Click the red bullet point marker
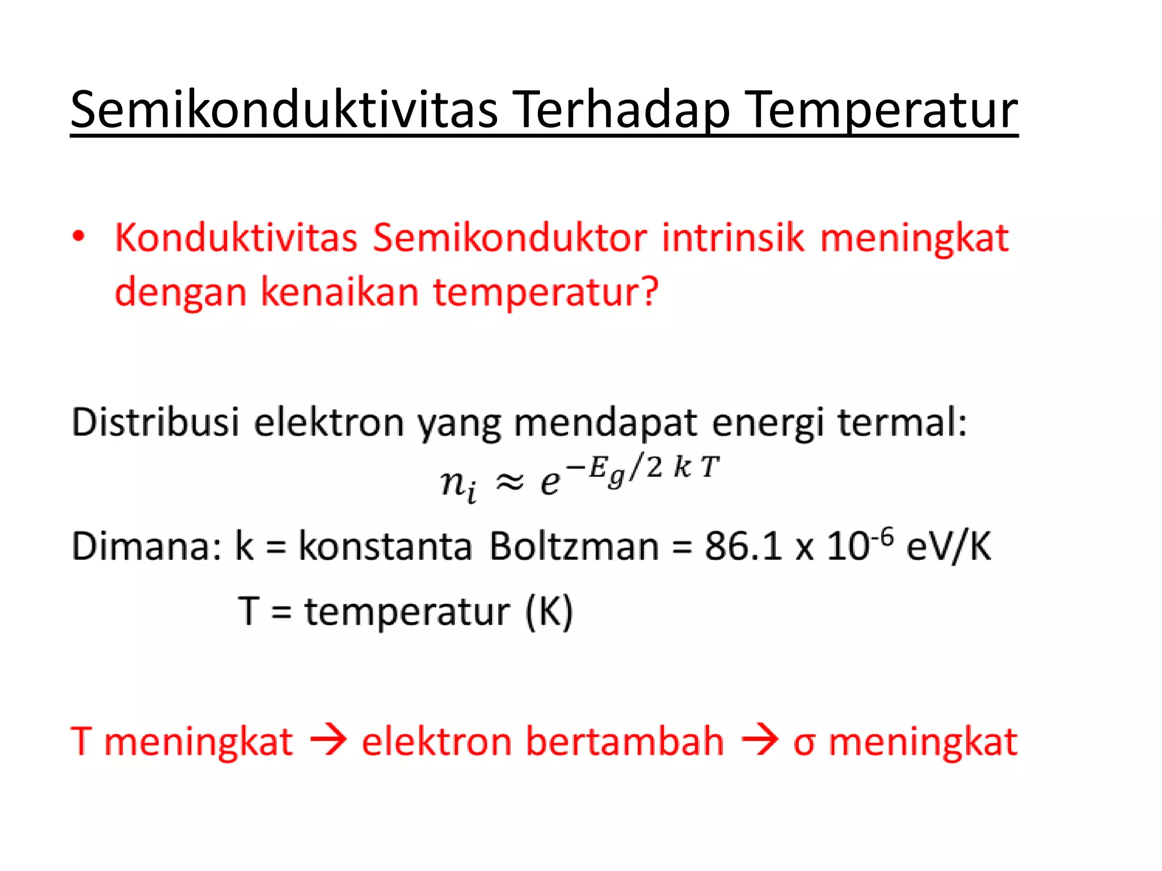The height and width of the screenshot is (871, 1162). click(x=79, y=236)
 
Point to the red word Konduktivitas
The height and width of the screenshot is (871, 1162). click(x=236, y=238)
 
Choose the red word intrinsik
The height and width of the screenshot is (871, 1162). click(x=732, y=238)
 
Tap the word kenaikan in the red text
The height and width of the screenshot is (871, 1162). click(x=339, y=292)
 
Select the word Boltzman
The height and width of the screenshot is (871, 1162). click(x=574, y=547)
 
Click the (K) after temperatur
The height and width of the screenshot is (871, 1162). click(x=549, y=612)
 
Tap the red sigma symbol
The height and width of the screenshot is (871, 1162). click(x=804, y=743)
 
